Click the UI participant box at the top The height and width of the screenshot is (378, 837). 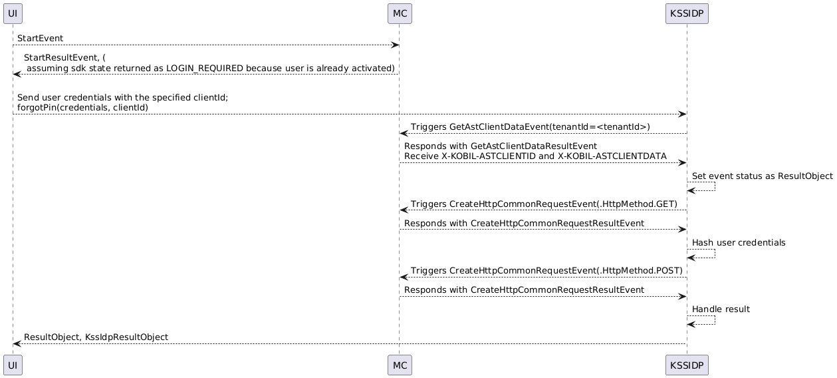click(x=13, y=14)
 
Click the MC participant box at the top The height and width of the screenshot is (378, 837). click(x=400, y=14)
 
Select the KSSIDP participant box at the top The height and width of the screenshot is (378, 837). click(x=687, y=14)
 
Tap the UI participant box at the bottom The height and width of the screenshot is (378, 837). click(x=13, y=365)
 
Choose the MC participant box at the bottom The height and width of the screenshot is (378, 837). click(x=400, y=365)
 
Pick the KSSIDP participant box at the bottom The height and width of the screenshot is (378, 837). click(x=687, y=365)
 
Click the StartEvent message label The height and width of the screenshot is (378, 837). click(x=40, y=38)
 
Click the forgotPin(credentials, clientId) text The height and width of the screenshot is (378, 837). click(x=82, y=108)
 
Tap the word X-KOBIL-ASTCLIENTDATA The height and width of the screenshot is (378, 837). click(x=612, y=156)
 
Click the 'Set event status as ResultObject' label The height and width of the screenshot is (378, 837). click(x=763, y=176)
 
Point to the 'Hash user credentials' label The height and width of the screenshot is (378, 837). click(x=739, y=243)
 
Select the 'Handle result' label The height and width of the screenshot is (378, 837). click(x=721, y=309)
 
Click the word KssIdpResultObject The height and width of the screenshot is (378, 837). click(x=127, y=337)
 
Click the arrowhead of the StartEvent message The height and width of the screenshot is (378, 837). click(x=396, y=45)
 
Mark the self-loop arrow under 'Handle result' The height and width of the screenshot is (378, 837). click(x=715, y=320)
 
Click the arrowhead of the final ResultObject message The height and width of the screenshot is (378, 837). click(x=17, y=343)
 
